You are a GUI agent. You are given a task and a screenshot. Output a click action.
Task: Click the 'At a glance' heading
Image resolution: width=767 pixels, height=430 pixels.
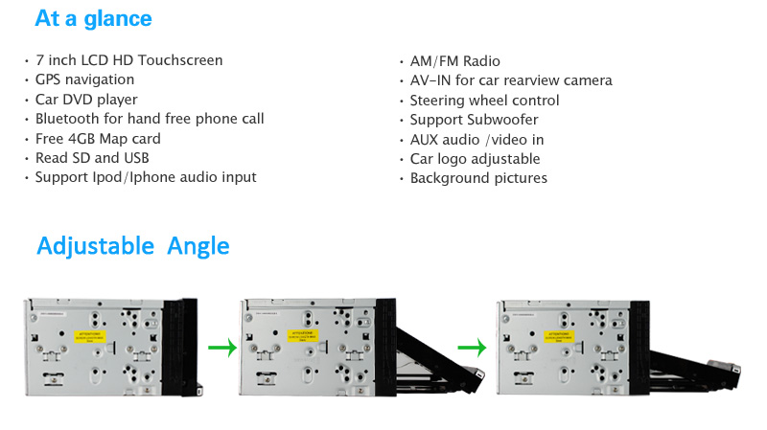[x=93, y=18]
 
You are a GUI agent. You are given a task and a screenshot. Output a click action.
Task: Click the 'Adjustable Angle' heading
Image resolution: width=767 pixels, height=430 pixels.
[x=133, y=246]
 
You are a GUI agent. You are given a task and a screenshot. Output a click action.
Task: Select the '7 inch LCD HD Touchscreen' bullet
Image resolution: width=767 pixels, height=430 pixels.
[x=128, y=60]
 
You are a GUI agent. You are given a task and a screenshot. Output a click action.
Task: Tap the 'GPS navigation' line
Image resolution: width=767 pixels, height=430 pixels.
[x=84, y=79]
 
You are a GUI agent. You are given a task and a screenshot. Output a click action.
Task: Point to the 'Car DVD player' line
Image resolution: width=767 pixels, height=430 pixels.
[x=86, y=100]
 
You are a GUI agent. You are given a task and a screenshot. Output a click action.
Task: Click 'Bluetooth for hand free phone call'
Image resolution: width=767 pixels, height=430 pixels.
[x=150, y=119]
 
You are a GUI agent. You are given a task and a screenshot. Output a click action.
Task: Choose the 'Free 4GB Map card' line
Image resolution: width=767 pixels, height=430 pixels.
[x=98, y=139]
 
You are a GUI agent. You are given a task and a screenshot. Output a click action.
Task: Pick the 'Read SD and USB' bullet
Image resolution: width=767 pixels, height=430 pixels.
[x=92, y=158]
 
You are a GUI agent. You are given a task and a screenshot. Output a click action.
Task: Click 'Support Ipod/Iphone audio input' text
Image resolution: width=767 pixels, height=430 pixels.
[x=146, y=177]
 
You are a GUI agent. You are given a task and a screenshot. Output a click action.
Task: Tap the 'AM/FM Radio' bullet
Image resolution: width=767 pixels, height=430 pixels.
[x=454, y=61]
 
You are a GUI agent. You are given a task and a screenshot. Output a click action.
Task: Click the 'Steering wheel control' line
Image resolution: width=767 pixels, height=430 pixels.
[x=484, y=101]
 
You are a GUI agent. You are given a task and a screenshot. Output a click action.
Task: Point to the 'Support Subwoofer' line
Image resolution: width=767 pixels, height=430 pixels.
[x=474, y=120]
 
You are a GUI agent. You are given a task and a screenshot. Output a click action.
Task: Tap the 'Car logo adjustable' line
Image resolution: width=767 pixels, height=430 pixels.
[x=475, y=159]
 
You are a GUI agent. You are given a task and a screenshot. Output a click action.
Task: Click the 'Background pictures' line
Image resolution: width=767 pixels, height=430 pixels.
[x=478, y=178]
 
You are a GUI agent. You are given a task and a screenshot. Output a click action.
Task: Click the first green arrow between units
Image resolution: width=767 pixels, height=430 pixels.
[x=221, y=348]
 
